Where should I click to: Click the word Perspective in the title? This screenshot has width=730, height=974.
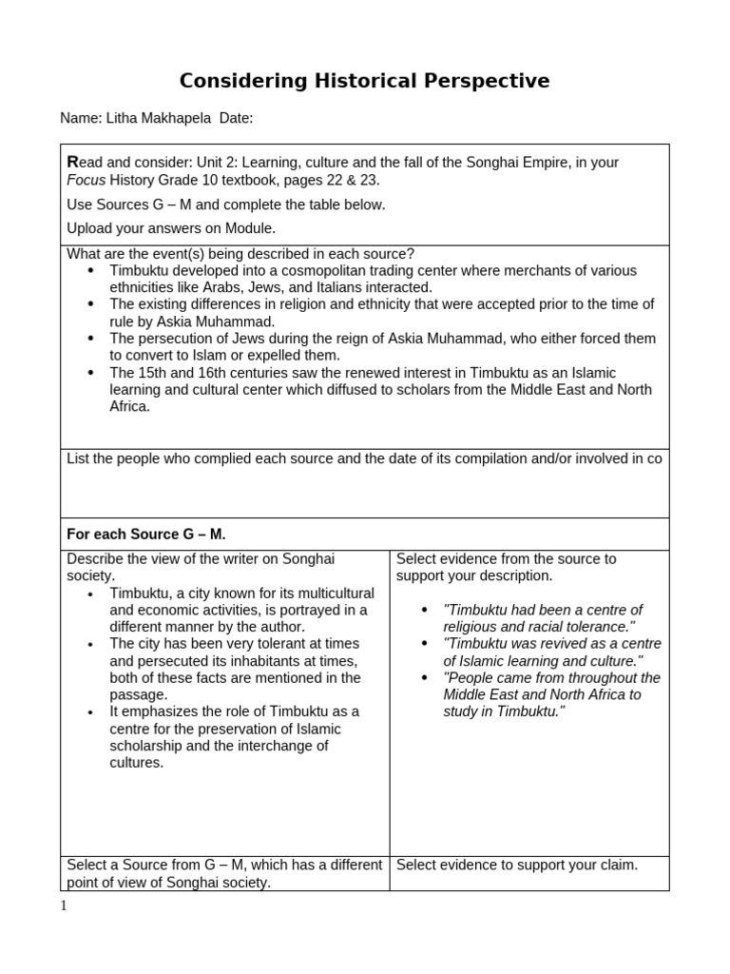point(481,81)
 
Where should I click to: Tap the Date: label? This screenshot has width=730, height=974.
point(236,118)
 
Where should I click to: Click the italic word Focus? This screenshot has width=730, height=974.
point(86,180)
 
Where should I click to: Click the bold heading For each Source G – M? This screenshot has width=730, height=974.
point(145,535)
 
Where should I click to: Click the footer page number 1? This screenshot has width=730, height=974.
point(64,906)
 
